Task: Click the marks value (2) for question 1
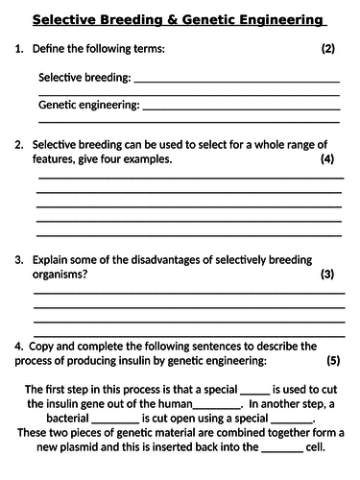327,48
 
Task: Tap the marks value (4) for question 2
327,159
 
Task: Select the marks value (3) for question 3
327,275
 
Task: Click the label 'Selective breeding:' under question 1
84,77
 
